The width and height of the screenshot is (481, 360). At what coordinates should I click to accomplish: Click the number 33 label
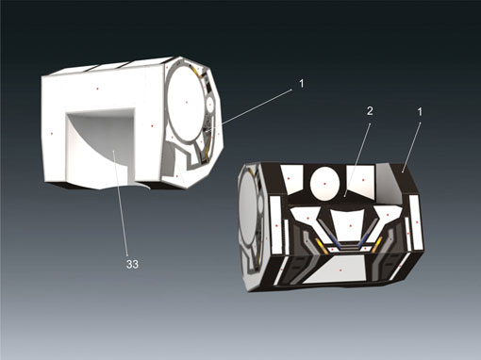point(132,265)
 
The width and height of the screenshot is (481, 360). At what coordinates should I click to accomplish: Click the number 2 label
point(370,111)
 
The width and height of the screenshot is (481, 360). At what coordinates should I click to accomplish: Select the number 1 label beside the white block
point(302,84)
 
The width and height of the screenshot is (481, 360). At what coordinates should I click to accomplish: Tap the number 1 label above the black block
point(420,111)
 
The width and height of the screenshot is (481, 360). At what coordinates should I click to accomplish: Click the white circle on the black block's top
point(324,183)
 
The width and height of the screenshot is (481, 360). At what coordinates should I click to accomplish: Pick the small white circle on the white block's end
point(209,104)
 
